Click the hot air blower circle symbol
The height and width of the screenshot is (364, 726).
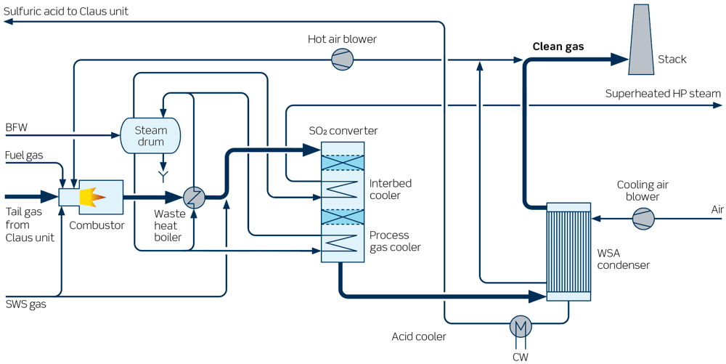[x=342, y=60]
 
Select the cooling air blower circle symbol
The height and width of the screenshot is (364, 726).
[x=643, y=217]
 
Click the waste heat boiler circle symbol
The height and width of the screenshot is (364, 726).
[x=194, y=197]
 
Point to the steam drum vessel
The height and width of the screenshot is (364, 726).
[x=150, y=136]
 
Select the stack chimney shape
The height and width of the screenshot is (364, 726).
[x=640, y=39]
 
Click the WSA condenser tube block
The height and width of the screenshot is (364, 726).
[x=568, y=251]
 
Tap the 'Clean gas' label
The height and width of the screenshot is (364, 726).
[x=558, y=46]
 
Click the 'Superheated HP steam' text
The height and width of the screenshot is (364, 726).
[x=663, y=94]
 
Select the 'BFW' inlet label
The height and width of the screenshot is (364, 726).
[x=16, y=128]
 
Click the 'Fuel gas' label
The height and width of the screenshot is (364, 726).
[x=24, y=155]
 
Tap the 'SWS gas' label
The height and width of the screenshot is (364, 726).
[x=26, y=304]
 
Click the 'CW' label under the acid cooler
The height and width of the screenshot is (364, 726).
[x=520, y=355]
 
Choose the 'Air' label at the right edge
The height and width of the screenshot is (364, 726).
[x=717, y=210]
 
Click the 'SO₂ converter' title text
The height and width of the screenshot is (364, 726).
[x=343, y=131]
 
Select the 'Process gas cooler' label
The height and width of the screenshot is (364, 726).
[x=394, y=241]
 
